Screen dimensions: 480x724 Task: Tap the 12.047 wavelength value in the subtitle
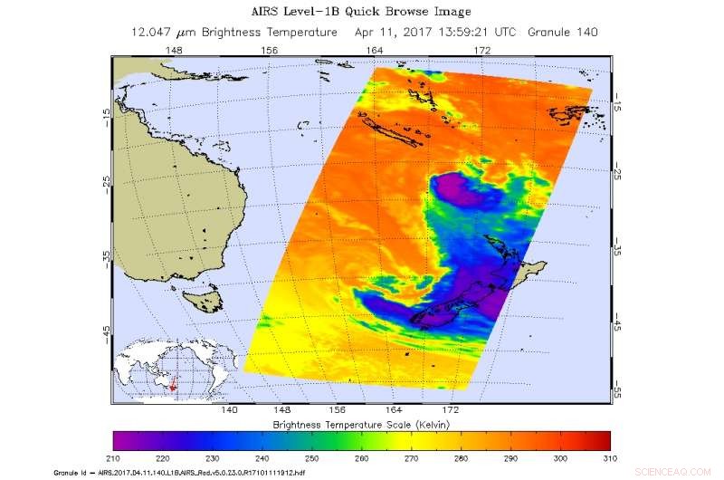[x=152, y=32]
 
